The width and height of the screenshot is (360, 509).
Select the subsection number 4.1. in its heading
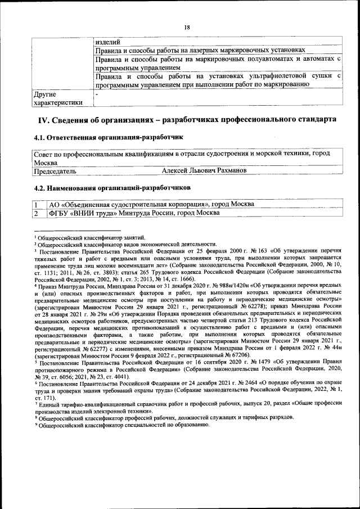(40, 137)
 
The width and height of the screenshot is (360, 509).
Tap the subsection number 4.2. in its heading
(40, 187)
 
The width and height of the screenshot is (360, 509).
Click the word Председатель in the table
(55, 170)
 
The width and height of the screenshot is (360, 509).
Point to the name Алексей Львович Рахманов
(203, 170)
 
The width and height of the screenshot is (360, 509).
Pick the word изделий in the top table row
(107, 40)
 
